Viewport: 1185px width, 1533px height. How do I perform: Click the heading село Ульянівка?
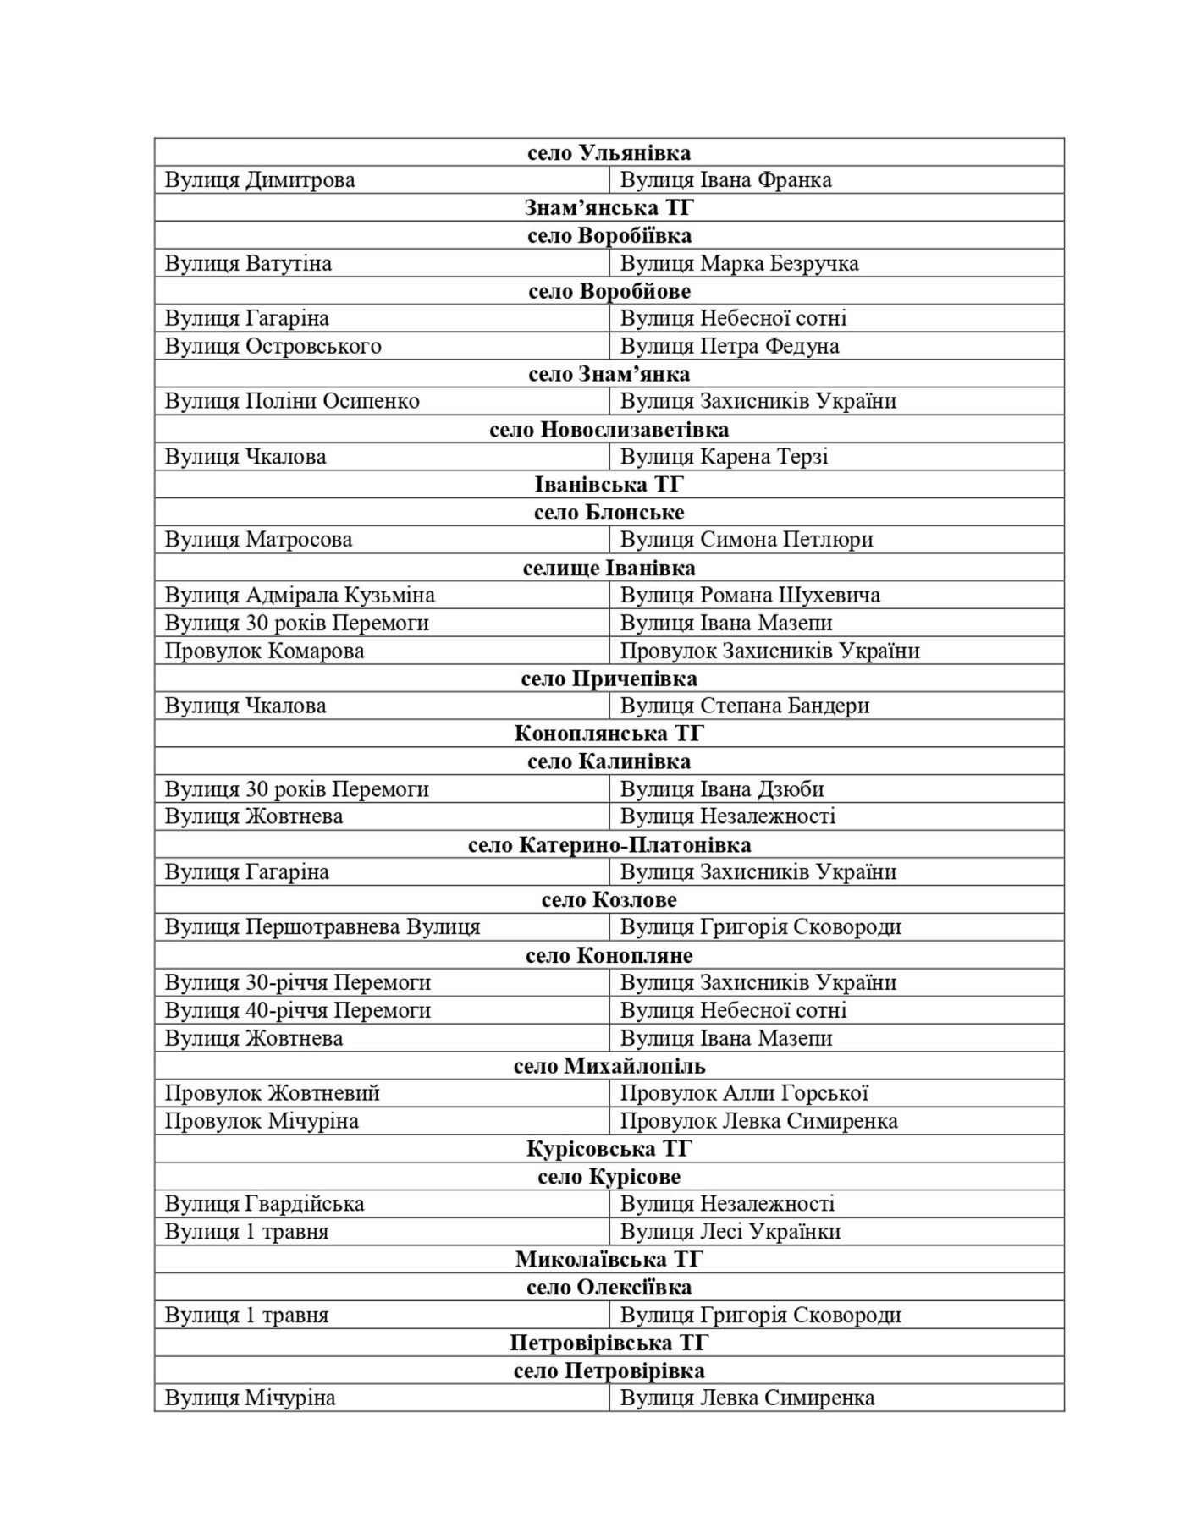pos(609,152)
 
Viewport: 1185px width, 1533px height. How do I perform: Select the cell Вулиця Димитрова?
pos(260,180)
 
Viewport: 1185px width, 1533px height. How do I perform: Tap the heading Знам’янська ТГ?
pos(609,207)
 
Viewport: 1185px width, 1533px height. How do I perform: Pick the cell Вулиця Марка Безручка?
pos(739,263)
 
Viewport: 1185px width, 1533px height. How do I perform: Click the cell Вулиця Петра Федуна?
pos(730,346)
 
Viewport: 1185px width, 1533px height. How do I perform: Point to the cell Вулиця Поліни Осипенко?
pos(292,401)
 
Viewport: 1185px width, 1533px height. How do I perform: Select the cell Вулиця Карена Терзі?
pos(724,457)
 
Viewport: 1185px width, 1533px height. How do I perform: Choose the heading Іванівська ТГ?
pos(609,484)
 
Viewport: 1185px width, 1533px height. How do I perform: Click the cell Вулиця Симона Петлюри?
pos(747,540)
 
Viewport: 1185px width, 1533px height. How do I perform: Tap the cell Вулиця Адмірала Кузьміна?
pos(300,595)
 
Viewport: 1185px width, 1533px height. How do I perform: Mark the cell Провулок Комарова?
pos(264,651)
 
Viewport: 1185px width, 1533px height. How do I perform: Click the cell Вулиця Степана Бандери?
pos(745,706)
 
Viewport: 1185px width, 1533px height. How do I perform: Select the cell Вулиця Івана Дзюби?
pos(722,789)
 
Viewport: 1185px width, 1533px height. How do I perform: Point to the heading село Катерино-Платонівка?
pos(609,844)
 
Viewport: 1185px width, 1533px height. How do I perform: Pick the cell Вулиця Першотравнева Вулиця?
pos(322,927)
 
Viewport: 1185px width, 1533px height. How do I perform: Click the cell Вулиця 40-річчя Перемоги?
pos(298,1010)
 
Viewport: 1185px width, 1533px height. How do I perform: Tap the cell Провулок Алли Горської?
pos(744,1093)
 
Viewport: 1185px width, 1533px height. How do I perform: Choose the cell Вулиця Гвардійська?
pos(264,1204)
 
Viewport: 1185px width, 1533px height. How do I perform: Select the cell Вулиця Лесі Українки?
pos(730,1232)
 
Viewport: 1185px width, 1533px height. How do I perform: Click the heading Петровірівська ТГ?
pos(609,1343)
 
